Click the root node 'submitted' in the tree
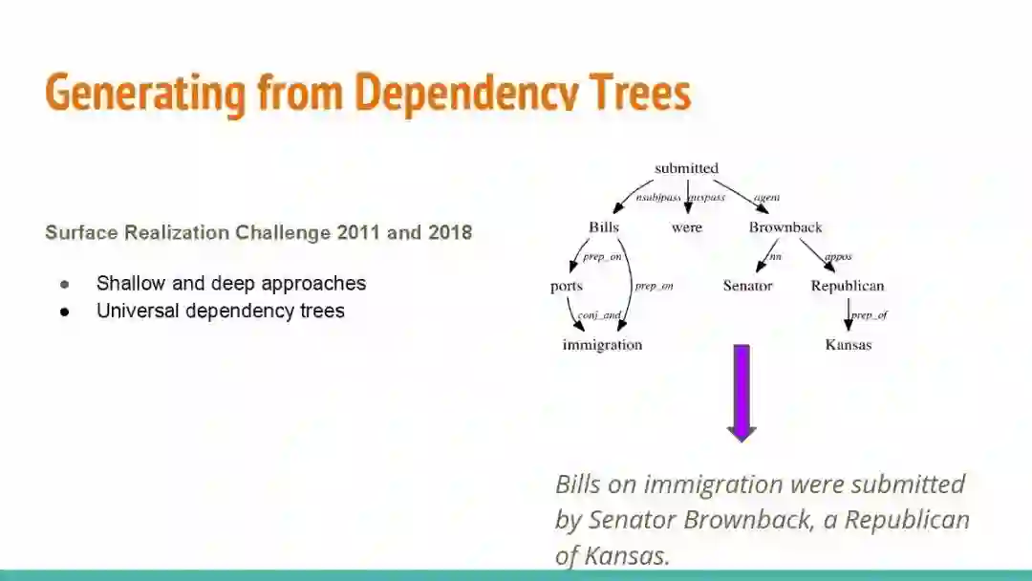point(686,169)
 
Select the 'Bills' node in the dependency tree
point(604,227)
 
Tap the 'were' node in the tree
point(686,227)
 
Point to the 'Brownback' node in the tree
point(785,227)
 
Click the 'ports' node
point(567,286)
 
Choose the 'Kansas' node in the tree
point(848,345)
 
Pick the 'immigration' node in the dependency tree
point(602,345)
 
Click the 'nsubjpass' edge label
point(658,198)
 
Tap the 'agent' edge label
point(766,198)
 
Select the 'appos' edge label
point(837,256)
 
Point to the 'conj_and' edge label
point(599,315)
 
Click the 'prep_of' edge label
point(869,315)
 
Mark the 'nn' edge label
point(775,256)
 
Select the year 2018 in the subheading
point(450,232)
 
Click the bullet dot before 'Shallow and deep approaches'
point(65,284)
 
